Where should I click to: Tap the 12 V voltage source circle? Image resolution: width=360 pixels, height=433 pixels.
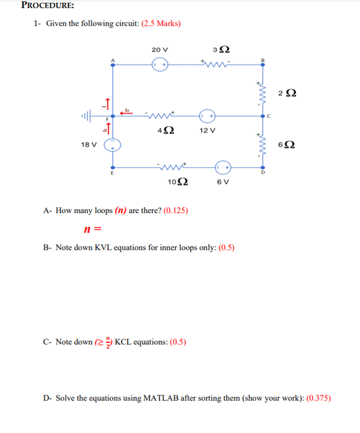click(207, 116)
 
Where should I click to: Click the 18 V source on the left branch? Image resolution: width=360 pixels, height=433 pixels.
click(113, 145)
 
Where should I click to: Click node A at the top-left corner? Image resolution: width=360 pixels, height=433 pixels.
click(113, 64)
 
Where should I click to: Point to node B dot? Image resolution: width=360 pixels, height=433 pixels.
click(263, 64)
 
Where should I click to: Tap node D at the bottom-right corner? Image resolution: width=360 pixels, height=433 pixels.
click(263, 167)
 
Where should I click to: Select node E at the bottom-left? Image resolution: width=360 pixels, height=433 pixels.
click(113, 167)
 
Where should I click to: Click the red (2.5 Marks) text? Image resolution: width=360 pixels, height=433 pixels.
click(161, 24)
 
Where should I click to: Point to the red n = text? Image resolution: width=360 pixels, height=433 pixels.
click(93, 229)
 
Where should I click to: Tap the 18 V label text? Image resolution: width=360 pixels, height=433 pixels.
click(89, 145)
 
